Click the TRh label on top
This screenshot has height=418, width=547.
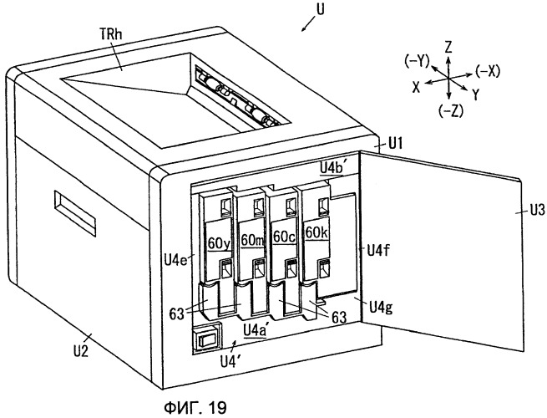(111, 34)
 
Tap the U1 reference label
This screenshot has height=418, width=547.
(394, 143)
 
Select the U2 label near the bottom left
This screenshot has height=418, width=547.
(80, 350)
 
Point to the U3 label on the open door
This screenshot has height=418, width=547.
(537, 211)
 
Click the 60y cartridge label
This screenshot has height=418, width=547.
(219, 243)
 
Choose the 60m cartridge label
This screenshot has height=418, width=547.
(252, 240)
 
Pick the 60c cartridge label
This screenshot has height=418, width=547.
(284, 237)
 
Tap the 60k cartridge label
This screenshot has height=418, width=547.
(317, 232)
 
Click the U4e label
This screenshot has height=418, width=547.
(176, 259)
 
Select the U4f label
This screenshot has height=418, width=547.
(377, 250)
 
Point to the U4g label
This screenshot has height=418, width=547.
(381, 308)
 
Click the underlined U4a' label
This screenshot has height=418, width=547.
(256, 330)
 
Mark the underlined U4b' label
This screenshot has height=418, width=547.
(333, 168)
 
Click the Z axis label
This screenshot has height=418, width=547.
(448, 46)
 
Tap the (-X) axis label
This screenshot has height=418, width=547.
(488, 71)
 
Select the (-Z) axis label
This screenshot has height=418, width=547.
(451, 111)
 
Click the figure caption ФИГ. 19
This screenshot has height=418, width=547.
(195, 407)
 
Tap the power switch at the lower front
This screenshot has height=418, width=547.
(205, 339)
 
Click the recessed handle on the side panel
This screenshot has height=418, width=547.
(74, 213)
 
